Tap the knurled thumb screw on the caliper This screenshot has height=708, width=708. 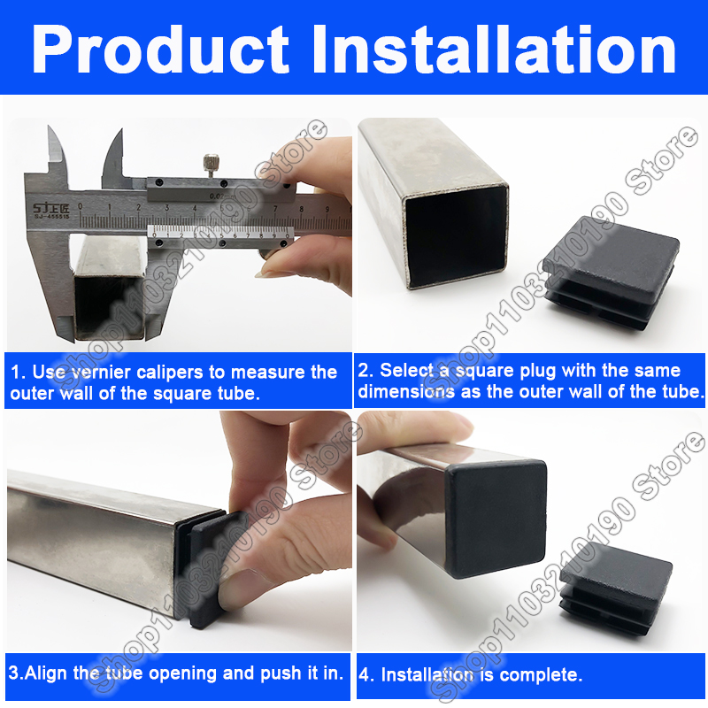pyautogui.click(x=209, y=165)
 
